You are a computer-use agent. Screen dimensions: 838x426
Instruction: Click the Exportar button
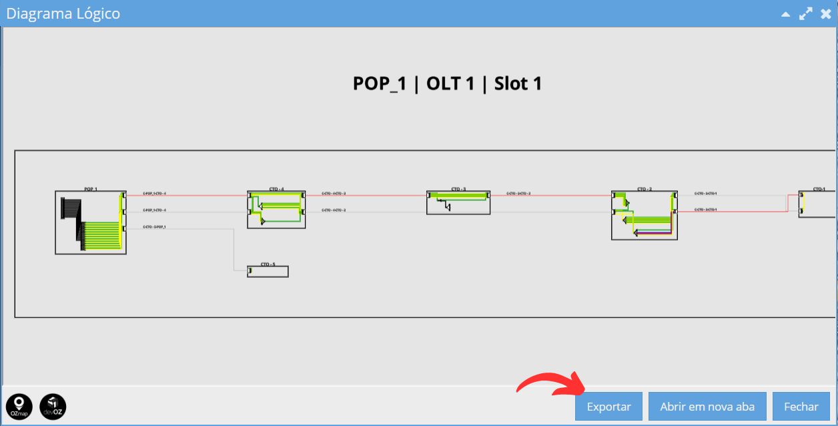tap(608, 407)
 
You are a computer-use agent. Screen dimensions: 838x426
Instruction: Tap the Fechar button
tap(801, 407)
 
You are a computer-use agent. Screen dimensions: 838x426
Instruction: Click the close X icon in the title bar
tap(825, 13)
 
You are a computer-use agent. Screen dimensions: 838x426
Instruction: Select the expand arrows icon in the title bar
tap(805, 13)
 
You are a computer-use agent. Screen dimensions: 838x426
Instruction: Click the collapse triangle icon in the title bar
tap(785, 14)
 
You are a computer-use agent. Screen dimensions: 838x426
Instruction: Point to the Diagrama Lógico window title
tap(63, 13)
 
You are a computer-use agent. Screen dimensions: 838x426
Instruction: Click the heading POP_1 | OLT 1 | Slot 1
tap(447, 84)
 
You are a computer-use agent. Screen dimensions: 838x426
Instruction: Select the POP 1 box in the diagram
tap(91, 222)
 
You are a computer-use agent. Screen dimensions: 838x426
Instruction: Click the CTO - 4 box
tap(276, 210)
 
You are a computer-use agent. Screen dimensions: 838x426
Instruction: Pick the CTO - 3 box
tap(458, 202)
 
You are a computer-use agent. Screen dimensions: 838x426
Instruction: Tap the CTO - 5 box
tap(268, 272)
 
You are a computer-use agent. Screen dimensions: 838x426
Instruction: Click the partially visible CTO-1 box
tap(817, 204)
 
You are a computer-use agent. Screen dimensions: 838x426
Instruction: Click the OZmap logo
tap(19, 406)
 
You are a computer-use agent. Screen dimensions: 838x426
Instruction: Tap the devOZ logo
tap(53, 406)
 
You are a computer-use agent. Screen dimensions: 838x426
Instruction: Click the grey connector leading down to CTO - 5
tap(234, 250)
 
